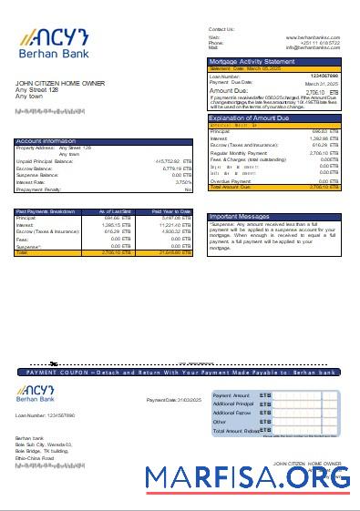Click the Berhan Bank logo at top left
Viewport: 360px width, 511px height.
(53, 42)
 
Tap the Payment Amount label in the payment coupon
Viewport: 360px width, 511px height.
(231, 396)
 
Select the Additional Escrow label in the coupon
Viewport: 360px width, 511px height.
(231, 413)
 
